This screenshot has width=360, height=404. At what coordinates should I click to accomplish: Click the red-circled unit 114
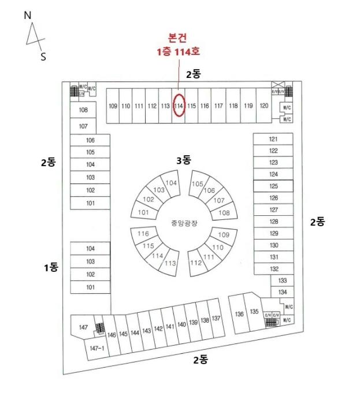(179, 106)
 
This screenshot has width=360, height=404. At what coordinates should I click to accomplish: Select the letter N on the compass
(27, 16)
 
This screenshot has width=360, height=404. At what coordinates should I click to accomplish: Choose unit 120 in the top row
(263, 106)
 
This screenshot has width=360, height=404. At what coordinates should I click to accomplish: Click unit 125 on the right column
(273, 186)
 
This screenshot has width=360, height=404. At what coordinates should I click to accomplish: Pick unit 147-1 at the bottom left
(97, 348)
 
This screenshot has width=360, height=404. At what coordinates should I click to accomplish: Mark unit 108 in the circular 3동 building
(224, 212)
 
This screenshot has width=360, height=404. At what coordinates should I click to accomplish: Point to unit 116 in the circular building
(143, 234)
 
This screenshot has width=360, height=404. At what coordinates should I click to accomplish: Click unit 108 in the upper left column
(83, 110)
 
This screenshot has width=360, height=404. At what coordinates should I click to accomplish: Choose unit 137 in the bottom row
(216, 319)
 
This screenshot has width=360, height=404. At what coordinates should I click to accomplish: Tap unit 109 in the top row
(113, 106)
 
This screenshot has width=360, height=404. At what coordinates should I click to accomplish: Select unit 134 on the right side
(283, 292)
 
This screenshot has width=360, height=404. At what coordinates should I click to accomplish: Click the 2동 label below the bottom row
(201, 360)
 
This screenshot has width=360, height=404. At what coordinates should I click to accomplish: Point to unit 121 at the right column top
(273, 139)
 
